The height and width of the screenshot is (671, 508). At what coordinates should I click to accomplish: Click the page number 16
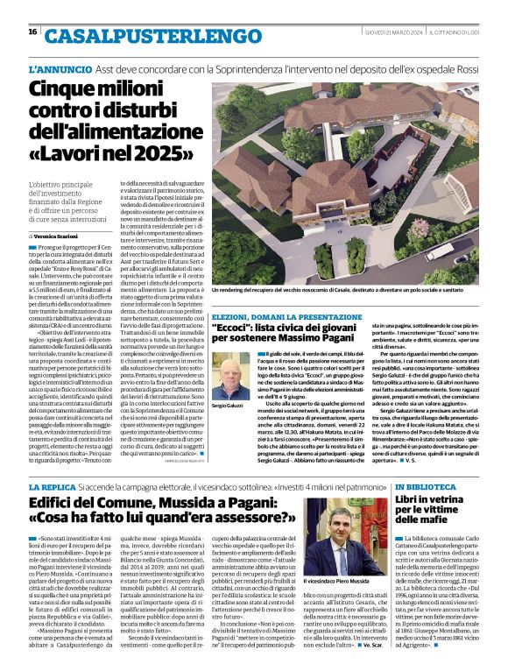click(32, 32)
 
